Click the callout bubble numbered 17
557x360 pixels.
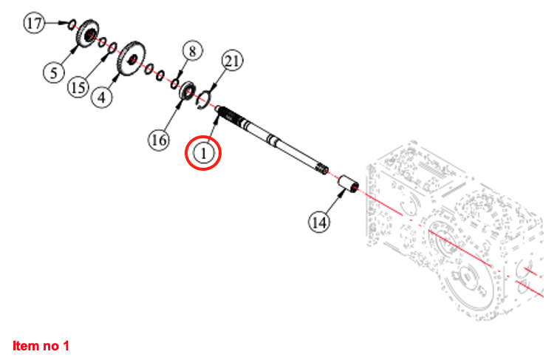point(35,24)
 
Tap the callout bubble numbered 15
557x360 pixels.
point(79,87)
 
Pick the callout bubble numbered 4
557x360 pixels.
point(102,96)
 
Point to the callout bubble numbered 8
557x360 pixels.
point(192,51)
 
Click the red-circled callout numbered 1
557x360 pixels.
point(204,152)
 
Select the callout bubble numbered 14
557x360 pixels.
point(319,220)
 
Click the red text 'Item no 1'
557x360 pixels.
point(41,345)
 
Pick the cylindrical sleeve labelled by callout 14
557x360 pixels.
point(347,184)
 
